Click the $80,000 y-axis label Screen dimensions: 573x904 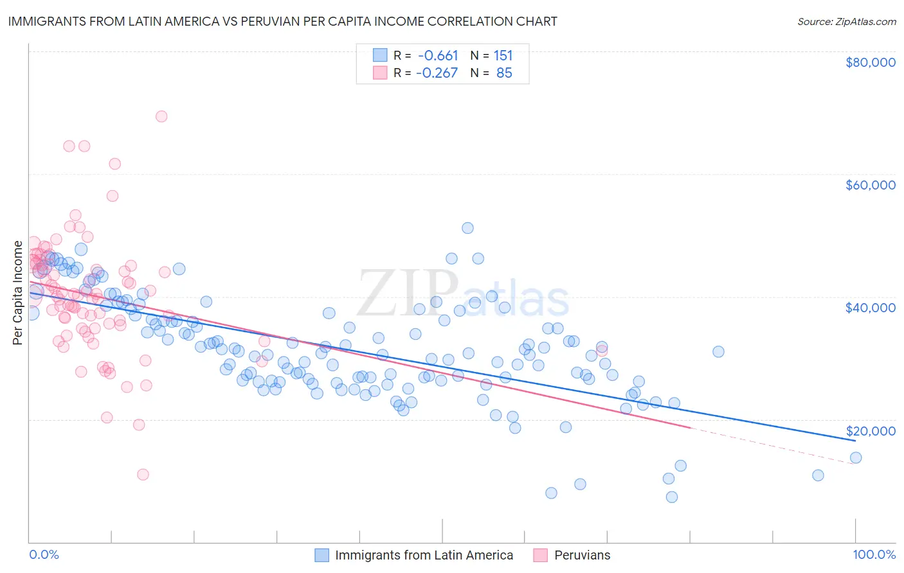(x=870, y=62)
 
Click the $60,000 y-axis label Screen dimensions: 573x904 (x=870, y=185)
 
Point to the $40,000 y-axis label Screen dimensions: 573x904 (x=870, y=308)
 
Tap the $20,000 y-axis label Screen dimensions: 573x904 (x=870, y=430)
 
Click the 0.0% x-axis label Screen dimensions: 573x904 (x=44, y=554)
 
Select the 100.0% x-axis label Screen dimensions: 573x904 (x=874, y=554)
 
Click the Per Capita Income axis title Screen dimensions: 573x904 (x=18, y=293)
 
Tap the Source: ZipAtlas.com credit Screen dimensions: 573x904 (x=846, y=21)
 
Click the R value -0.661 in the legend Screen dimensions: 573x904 (x=437, y=55)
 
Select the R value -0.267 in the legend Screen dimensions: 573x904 (x=437, y=73)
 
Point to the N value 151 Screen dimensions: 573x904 (x=503, y=55)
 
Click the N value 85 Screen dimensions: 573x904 (x=504, y=73)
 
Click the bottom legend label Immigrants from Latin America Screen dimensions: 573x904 (x=424, y=555)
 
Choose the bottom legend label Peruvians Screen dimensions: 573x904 (x=582, y=555)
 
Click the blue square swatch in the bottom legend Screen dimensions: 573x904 (x=321, y=555)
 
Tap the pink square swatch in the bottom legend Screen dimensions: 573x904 (x=540, y=555)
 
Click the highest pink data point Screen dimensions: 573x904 (x=161, y=116)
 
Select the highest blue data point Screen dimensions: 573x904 (x=467, y=228)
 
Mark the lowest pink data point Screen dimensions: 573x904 (x=143, y=475)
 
